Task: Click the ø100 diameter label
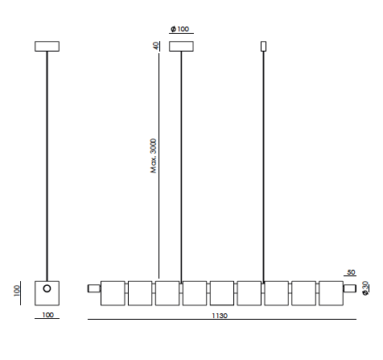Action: click(180, 29)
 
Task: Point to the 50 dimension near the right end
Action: click(351, 273)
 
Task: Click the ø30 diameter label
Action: click(366, 288)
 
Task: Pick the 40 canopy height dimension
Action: click(156, 46)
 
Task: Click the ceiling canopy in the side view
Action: click(47, 46)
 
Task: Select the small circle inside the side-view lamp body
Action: click(47, 288)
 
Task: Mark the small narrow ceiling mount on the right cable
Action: click(263, 46)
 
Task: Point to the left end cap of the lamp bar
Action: click(93, 288)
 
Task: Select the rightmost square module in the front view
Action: click(331, 293)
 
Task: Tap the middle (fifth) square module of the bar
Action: click(221, 293)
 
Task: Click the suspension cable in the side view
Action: click(47, 161)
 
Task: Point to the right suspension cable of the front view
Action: click(263, 161)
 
